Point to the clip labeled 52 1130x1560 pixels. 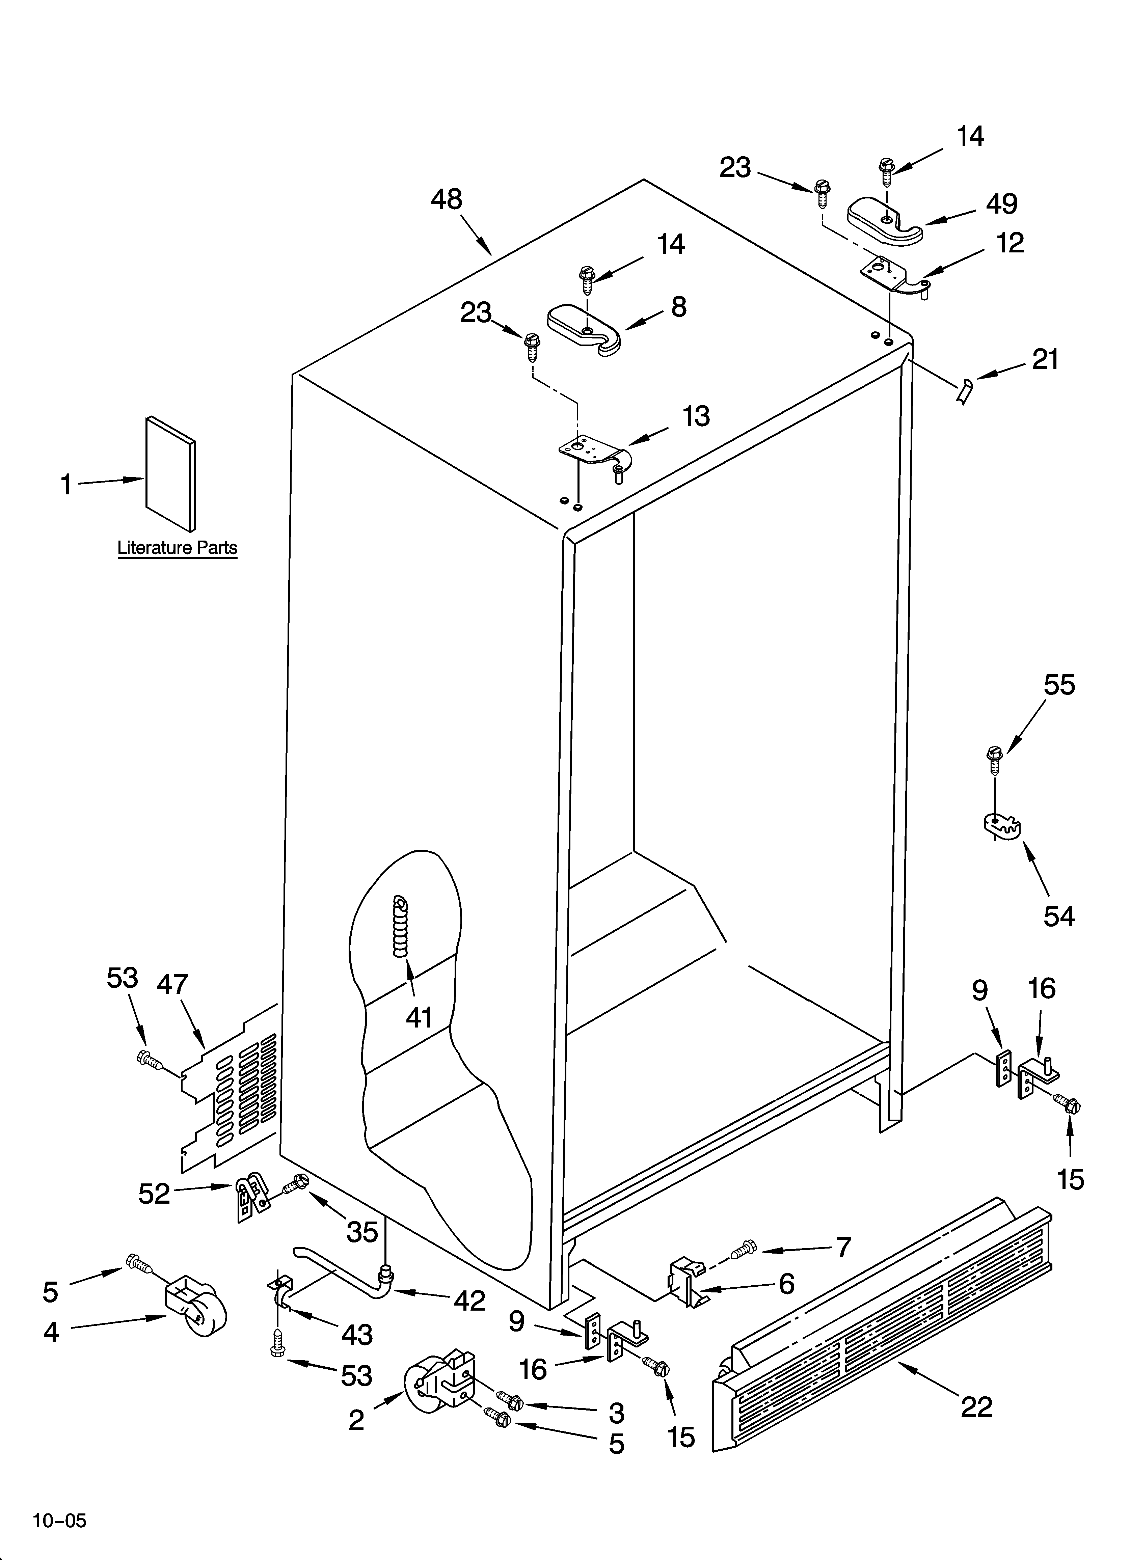(249, 1198)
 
